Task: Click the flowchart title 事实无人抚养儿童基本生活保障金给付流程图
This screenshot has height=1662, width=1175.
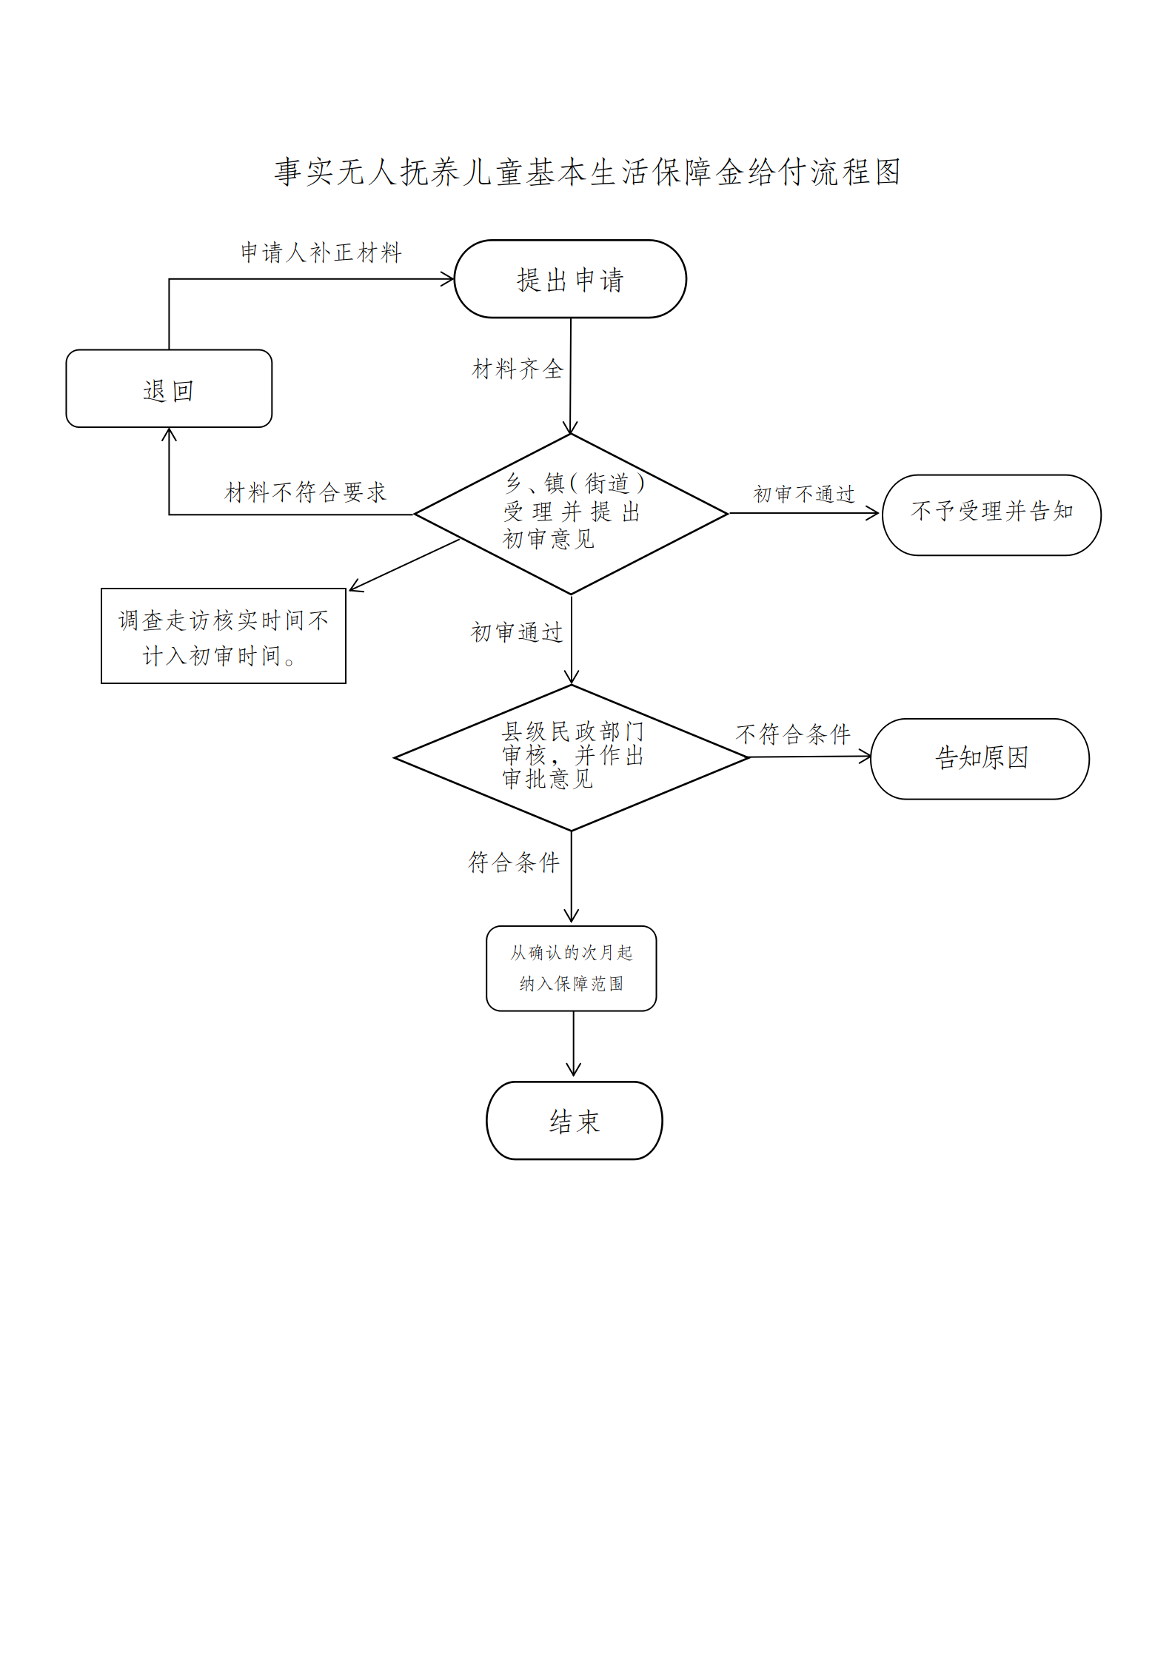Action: point(587,172)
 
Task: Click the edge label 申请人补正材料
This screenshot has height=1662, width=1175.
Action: point(321,252)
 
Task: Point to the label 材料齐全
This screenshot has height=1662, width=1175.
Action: point(518,369)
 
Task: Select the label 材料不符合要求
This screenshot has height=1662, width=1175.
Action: point(305,492)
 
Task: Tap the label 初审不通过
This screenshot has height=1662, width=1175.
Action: point(804,494)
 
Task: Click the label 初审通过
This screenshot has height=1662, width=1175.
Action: point(517,632)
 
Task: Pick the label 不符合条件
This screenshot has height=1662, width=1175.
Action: point(793,734)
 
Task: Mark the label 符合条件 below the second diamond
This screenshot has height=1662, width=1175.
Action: point(514,862)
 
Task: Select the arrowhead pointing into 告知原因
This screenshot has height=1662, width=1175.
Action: point(866,756)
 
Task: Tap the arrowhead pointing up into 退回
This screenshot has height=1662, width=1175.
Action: point(169,435)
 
